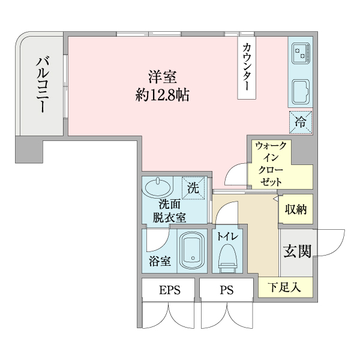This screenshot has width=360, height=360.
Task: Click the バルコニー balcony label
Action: click(x=43, y=84)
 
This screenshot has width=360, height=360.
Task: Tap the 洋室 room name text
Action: click(x=163, y=77)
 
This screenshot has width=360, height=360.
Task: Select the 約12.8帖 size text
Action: click(x=163, y=94)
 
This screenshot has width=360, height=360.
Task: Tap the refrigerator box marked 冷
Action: click(x=301, y=122)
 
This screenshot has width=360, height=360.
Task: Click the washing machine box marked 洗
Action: click(x=193, y=187)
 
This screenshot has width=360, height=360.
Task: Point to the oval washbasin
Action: click(x=157, y=187)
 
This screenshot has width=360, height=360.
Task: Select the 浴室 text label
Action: click(x=160, y=261)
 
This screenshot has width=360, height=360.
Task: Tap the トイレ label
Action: click(x=228, y=236)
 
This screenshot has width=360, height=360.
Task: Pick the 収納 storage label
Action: click(x=296, y=210)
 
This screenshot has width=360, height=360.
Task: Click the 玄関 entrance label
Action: click(x=297, y=250)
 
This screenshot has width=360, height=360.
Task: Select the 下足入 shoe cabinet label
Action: click(x=284, y=287)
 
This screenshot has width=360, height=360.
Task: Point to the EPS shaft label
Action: click(x=169, y=291)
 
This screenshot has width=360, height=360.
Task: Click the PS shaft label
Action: click(x=226, y=291)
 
